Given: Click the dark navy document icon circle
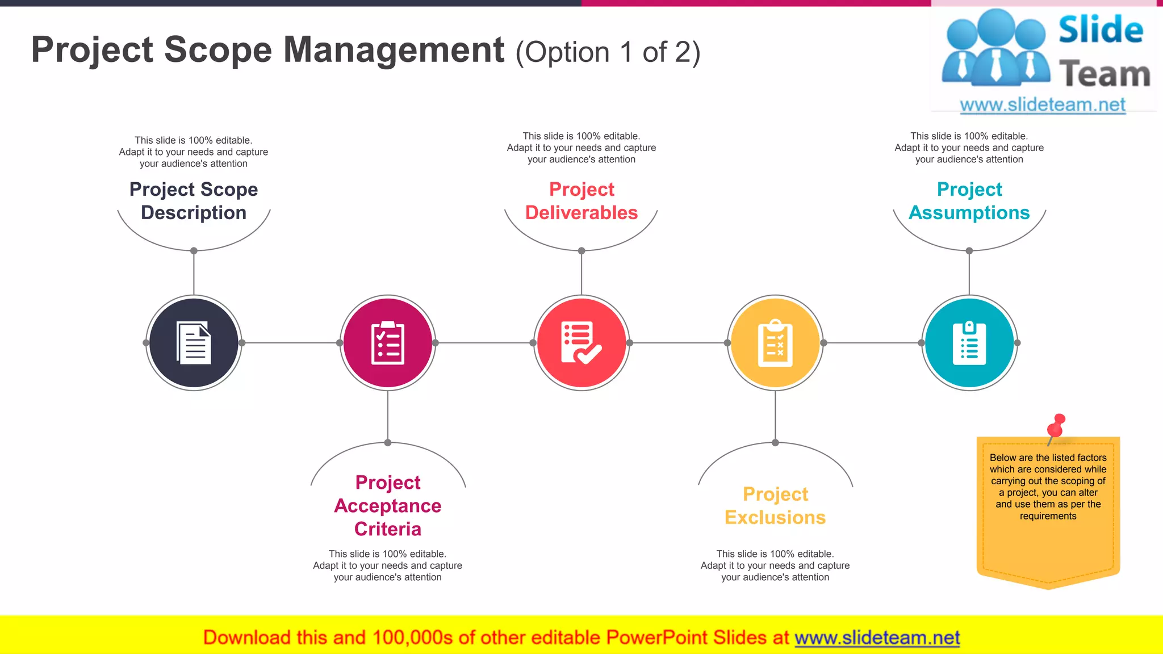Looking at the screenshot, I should click(194, 343).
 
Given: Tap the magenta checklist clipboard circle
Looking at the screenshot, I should click(388, 343).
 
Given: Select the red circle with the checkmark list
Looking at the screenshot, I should click(581, 343).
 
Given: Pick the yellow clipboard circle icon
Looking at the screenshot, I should click(775, 343).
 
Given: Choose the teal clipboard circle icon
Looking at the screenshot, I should click(969, 343).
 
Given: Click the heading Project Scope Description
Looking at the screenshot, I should click(194, 201).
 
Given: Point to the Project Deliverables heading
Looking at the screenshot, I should click(581, 201).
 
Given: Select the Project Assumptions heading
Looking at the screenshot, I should click(969, 201).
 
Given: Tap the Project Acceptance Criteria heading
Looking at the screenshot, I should click(388, 505).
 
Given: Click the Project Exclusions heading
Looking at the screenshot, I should click(775, 506).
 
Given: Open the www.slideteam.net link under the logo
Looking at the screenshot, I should click(1043, 105).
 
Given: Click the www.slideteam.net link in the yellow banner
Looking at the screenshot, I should click(877, 638).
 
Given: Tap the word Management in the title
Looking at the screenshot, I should click(394, 50).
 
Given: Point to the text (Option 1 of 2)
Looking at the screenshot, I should click(608, 53).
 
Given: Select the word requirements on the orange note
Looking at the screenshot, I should click(1048, 516).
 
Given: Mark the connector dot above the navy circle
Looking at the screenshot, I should click(194, 250).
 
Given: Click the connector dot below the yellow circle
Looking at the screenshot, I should click(775, 443).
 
